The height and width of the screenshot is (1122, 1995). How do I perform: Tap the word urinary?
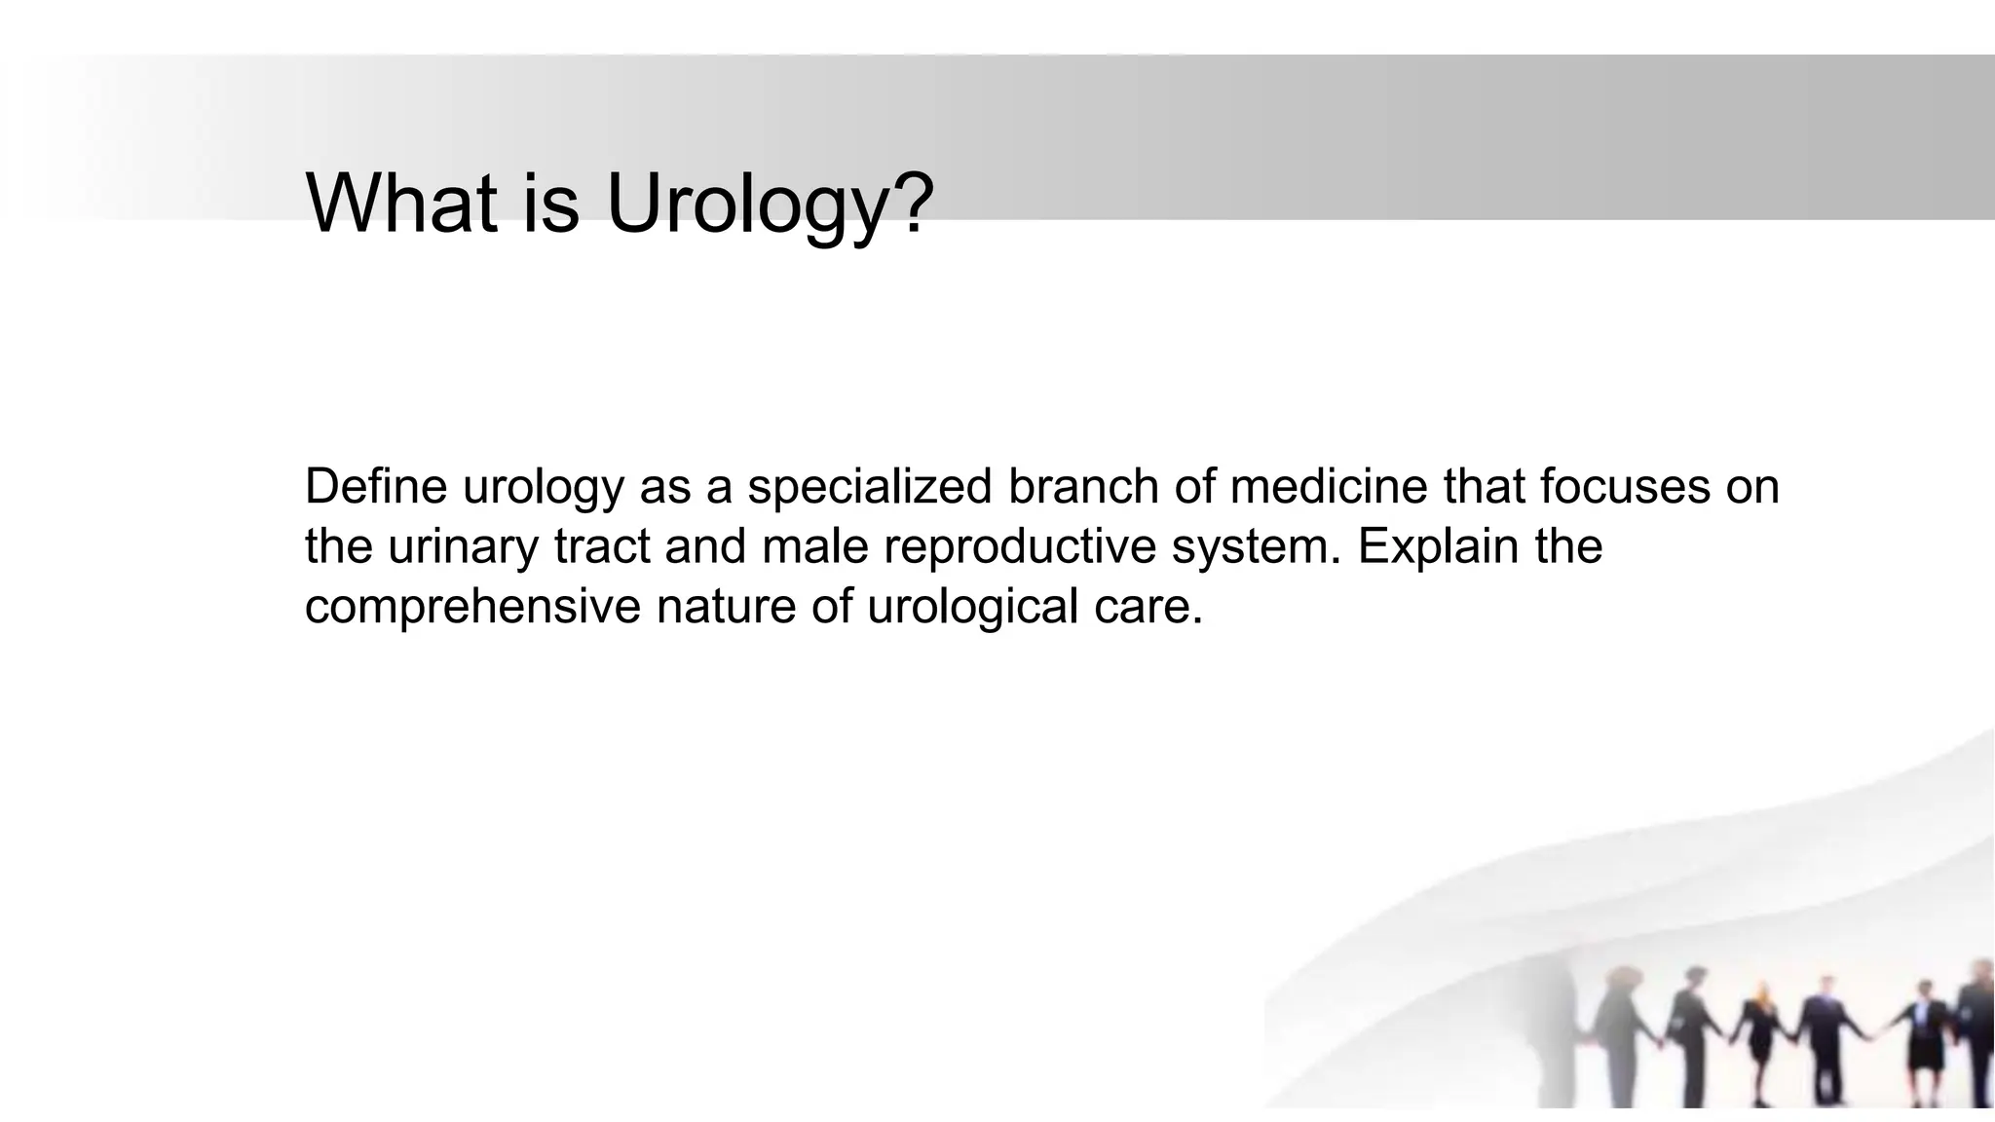pyautogui.click(x=463, y=545)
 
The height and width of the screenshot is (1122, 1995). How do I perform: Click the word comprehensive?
pyautogui.click(x=472, y=606)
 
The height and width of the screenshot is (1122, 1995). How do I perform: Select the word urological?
pyautogui.click(x=972, y=606)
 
